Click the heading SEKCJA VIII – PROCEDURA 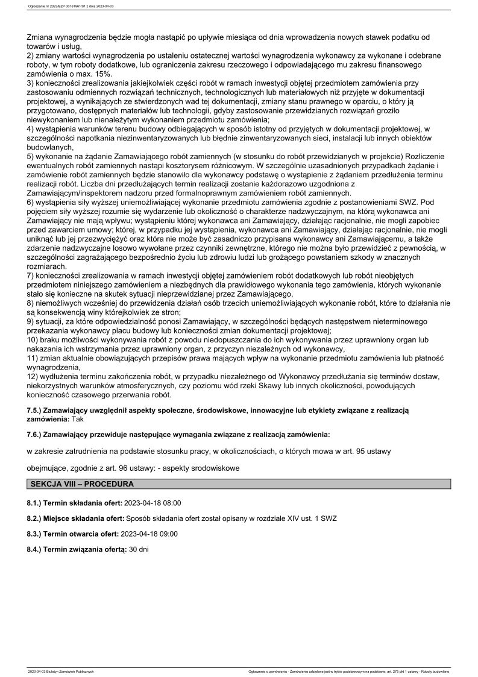click(81, 483)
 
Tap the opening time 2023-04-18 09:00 click(149, 534)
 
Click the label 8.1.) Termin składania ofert click(74, 502)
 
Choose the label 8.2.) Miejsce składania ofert click(75, 518)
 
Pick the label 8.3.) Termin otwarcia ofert click(73, 534)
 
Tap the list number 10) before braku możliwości click(33, 341)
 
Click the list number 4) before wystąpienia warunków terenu click(31, 129)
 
